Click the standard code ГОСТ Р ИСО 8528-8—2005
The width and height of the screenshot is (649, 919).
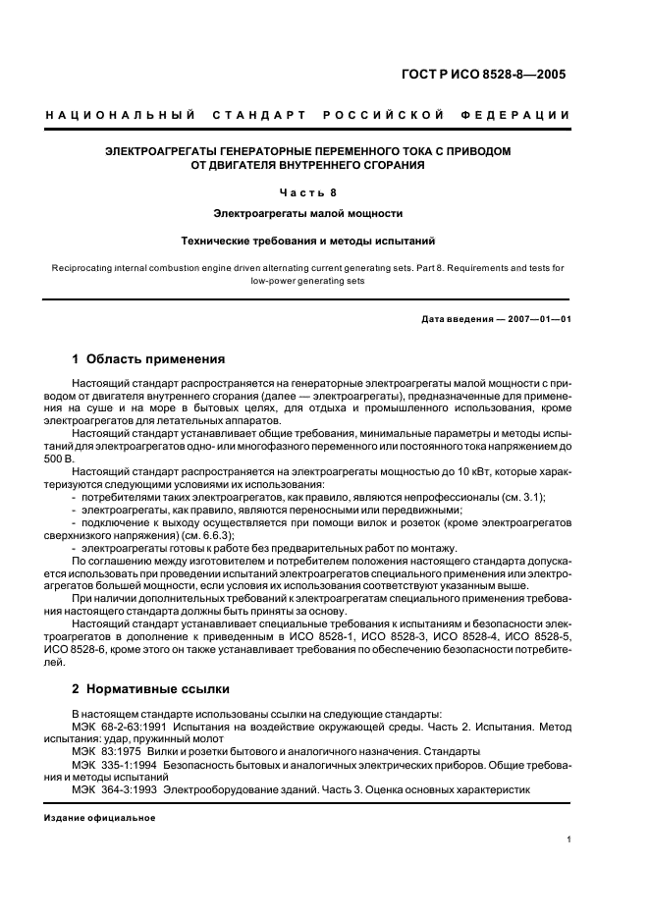495,73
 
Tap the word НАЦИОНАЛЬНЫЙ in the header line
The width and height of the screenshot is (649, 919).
120,116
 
